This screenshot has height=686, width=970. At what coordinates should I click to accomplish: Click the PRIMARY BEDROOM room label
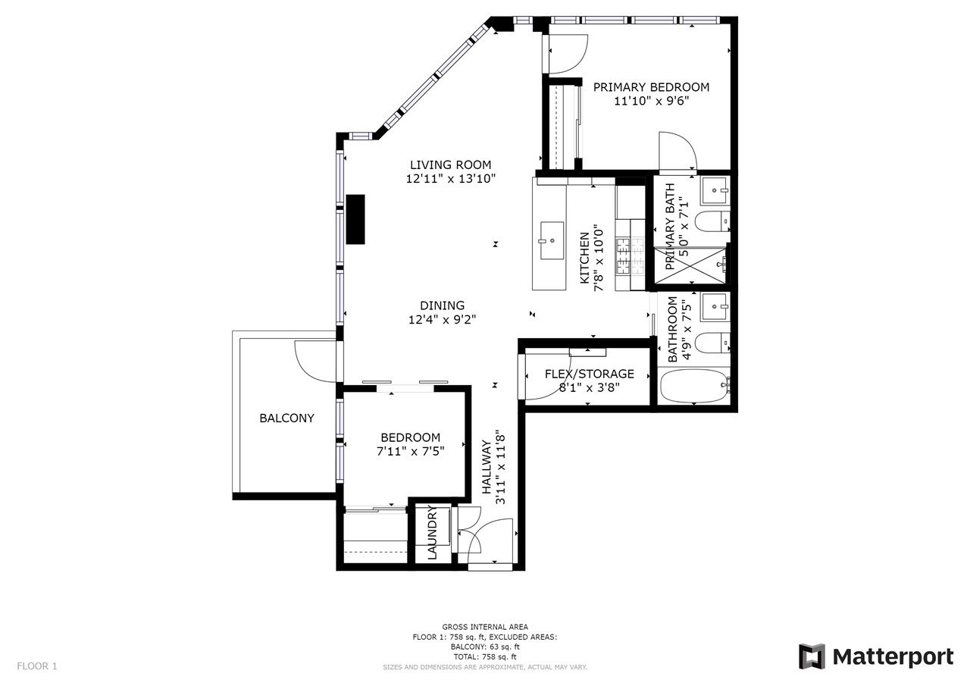click(x=651, y=87)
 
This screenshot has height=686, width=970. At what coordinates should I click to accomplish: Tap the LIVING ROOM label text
click(x=450, y=165)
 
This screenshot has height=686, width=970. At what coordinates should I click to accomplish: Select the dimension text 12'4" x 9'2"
click(x=442, y=320)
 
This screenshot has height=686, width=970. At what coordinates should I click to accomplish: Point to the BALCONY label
click(x=286, y=418)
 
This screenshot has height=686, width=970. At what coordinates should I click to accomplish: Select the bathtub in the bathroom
click(x=694, y=385)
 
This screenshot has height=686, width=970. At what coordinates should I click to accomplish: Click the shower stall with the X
click(x=690, y=265)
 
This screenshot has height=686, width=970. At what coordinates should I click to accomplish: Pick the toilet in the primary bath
click(x=712, y=221)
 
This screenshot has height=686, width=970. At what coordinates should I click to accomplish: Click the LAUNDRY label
click(x=432, y=533)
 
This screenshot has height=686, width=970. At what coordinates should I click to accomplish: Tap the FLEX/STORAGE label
click(x=590, y=374)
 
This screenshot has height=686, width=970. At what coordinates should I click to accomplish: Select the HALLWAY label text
click(x=487, y=467)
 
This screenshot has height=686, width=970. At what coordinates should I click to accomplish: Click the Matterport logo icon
click(x=812, y=656)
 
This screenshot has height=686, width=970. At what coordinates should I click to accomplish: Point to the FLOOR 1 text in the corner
click(x=37, y=666)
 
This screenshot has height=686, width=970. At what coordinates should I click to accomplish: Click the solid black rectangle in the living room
click(x=355, y=219)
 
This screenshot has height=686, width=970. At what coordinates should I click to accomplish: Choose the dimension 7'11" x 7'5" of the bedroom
click(x=411, y=452)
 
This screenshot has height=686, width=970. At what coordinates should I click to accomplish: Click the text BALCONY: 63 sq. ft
click(x=485, y=647)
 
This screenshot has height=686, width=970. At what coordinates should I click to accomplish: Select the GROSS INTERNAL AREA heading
click(x=485, y=627)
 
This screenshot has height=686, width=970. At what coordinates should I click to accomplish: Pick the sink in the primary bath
click(x=715, y=190)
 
